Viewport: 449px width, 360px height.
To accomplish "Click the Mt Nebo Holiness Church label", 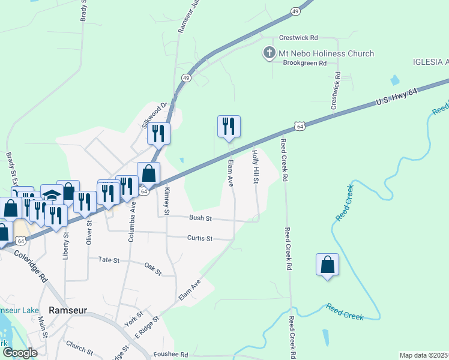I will (326, 53).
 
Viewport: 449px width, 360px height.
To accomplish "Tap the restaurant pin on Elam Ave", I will (229, 127).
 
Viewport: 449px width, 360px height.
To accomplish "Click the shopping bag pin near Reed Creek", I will (327, 265).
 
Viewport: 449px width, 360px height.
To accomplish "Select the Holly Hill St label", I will (255, 168).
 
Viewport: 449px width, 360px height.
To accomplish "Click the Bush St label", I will (200, 218).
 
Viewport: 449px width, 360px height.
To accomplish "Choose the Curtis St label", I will (200, 238).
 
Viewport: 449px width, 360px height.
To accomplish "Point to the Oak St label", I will (153, 268).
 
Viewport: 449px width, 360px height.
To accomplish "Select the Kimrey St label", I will (167, 201).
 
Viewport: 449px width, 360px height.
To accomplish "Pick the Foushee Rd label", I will (171, 354).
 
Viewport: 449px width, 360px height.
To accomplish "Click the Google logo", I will (20, 352).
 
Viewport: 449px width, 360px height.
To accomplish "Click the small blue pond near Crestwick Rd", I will (394, 80).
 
